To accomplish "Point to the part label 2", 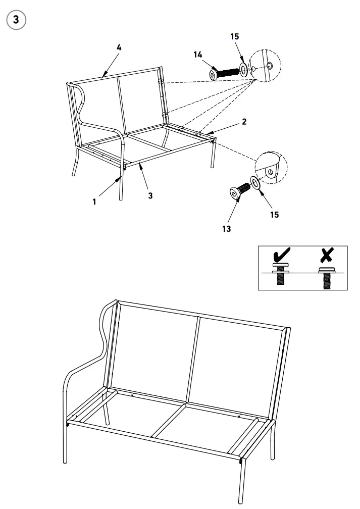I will tap(244, 122).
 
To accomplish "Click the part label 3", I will tap(150, 195).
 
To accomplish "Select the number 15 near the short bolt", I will tap(274, 214).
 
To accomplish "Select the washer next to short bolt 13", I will tap(256, 182).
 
